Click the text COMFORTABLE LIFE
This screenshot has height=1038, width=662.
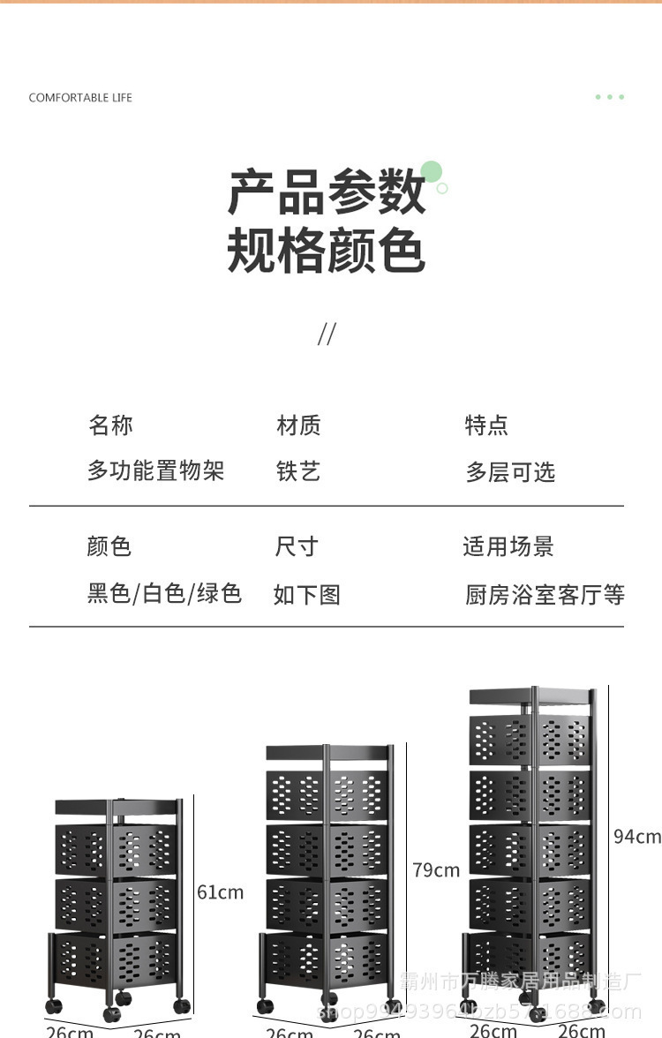pyautogui.click(x=80, y=98)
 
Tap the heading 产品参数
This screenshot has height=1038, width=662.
pyautogui.click(x=327, y=192)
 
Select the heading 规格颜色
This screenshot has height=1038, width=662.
pyautogui.click(x=327, y=251)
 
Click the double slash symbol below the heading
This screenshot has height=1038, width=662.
pyautogui.click(x=327, y=335)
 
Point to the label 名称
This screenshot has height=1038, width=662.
pyautogui.click(x=110, y=425)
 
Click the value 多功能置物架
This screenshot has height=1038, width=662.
pyautogui.click(x=155, y=471)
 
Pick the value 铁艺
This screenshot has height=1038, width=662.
pyautogui.click(x=298, y=471)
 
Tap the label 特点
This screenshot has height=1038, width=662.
pyautogui.click(x=486, y=425)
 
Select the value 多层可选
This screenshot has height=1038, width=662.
pyautogui.click(x=510, y=472)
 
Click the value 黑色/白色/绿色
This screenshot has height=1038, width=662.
pyautogui.click(x=164, y=593)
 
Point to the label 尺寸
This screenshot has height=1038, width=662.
pyautogui.click(x=296, y=546)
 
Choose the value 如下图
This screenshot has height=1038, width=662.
pyautogui.click(x=306, y=594)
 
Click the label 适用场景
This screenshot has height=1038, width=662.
pyautogui.click(x=508, y=546)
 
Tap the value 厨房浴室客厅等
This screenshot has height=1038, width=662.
pyautogui.click(x=545, y=595)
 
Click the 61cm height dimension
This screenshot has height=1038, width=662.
pyautogui.click(x=220, y=892)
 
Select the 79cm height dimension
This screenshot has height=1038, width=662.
pyautogui.click(x=436, y=870)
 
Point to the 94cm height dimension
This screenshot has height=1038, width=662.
pyautogui.click(x=637, y=836)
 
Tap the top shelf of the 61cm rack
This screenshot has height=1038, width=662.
pyautogui.click(x=117, y=807)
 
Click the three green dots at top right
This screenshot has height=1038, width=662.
pyautogui.click(x=610, y=97)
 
